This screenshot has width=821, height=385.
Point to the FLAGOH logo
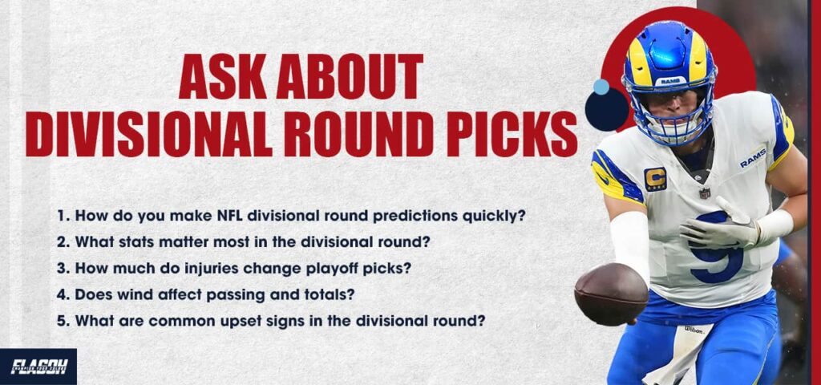pos(38,367)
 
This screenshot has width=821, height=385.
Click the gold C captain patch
pos(655,179)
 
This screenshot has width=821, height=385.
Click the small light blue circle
pos(601,87)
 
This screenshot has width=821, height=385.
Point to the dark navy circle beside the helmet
pos(606,111)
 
